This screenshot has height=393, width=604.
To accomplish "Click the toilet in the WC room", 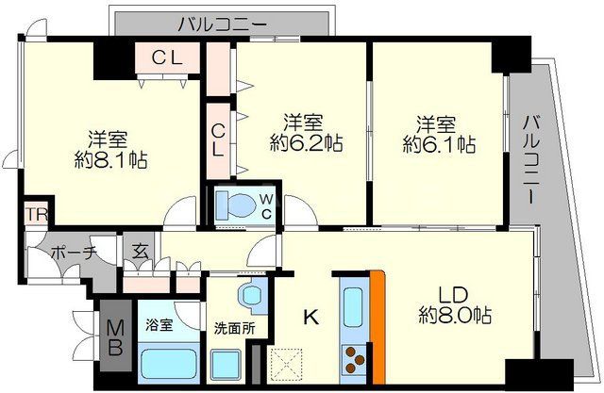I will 229,205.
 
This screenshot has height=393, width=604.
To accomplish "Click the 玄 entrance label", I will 140,252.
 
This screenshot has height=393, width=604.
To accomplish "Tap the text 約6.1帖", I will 439,144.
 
